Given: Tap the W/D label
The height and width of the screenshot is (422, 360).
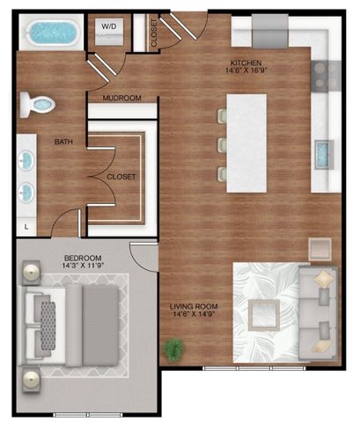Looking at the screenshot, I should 108,27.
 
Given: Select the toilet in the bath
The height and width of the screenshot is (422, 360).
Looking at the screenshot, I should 40,104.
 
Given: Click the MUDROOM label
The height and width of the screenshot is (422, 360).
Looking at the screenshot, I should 121,98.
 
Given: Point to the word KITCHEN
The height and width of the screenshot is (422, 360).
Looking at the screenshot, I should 245,63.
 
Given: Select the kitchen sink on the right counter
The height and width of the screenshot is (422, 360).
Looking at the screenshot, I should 326,155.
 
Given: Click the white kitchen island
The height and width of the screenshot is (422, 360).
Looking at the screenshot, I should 246,141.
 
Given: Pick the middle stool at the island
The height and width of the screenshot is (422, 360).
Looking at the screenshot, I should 220,143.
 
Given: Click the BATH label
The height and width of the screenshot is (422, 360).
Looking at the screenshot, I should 63,141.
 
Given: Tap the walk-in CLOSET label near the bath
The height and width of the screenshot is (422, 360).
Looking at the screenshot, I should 121,176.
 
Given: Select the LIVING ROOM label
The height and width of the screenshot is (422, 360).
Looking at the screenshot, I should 194,306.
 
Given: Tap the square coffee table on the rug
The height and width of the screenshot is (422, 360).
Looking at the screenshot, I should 265,314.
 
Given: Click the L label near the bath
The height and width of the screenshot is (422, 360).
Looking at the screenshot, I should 26,227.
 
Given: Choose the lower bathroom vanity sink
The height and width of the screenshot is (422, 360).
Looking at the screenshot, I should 27,192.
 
